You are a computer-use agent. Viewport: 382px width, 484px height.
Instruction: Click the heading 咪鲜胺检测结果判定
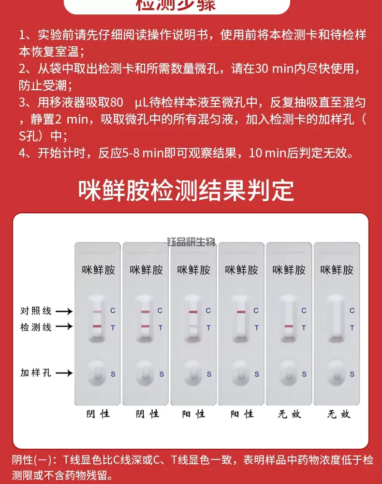point(186,191)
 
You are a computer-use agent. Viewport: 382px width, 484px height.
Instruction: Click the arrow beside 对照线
point(64,311)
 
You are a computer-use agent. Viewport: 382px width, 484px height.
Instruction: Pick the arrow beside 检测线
point(64,327)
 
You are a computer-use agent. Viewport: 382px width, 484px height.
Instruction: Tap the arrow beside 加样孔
point(64,373)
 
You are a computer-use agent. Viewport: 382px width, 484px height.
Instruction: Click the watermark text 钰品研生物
point(191,242)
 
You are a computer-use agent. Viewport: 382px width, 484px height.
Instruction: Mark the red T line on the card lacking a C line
point(289,327)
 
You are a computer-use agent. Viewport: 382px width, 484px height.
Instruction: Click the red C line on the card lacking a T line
point(241,312)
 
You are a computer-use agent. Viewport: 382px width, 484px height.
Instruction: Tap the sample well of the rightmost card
point(337,373)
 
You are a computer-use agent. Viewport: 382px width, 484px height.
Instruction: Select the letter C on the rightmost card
point(352,311)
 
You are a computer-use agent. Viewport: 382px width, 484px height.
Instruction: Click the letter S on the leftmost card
point(113,373)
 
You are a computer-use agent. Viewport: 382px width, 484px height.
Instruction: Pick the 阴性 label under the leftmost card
point(98,414)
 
